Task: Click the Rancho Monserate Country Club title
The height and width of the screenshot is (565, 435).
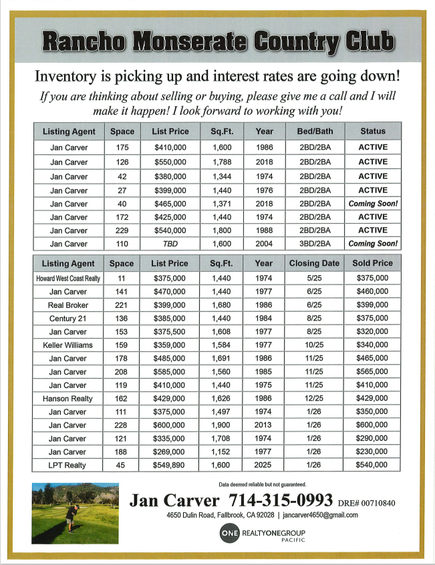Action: point(217,41)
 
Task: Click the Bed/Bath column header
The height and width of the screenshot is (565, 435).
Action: point(315,132)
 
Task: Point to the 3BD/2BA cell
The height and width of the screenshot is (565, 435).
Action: point(315,244)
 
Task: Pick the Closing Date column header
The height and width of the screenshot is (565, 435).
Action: point(315,263)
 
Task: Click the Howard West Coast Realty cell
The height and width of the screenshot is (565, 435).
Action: point(68,278)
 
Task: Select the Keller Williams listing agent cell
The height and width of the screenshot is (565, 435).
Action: point(68,345)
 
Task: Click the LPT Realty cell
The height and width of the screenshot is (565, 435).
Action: point(68,465)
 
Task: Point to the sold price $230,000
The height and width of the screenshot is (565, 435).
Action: point(372,451)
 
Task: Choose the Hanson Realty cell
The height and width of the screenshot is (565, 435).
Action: point(68,398)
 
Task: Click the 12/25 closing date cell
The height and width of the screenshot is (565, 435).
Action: point(315,398)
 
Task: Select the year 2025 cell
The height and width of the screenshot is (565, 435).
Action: point(263,465)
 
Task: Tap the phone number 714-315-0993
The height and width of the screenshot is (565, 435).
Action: point(281,500)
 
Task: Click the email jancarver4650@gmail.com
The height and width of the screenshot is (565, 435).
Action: point(320,516)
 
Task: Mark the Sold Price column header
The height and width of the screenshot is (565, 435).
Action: point(372,263)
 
